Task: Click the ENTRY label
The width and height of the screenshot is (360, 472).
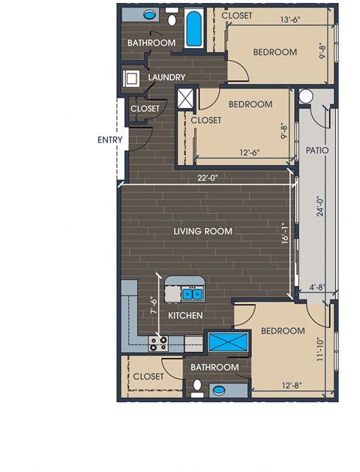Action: (109, 140)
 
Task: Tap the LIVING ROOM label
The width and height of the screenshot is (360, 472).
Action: (203, 231)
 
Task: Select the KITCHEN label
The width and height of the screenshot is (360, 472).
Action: (185, 315)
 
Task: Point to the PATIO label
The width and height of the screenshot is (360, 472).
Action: (317, 150)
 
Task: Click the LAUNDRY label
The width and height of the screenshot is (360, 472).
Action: (166, 77)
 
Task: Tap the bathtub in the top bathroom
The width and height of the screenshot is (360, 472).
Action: (193, 29)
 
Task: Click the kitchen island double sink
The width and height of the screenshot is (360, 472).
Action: (193, 293)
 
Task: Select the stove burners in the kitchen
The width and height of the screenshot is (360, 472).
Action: (158, 344)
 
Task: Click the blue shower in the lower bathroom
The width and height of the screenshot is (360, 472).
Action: (228, 342)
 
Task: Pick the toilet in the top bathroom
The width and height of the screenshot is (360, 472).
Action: (172, 18)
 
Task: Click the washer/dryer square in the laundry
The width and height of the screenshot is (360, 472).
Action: (131, 79)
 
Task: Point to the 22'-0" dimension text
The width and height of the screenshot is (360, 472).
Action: (208, 178)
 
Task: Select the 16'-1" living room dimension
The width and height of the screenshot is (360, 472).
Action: (286, 233)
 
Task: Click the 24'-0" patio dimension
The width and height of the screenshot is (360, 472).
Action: (320, 206)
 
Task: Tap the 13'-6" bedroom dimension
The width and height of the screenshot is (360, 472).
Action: (290, 20)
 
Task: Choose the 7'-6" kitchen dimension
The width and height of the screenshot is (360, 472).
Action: (154, 305)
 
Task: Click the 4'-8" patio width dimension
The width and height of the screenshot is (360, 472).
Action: (317, 287)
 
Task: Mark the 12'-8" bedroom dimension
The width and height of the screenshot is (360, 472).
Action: (292, 385)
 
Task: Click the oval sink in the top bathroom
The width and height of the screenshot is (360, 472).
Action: (148, 14)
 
